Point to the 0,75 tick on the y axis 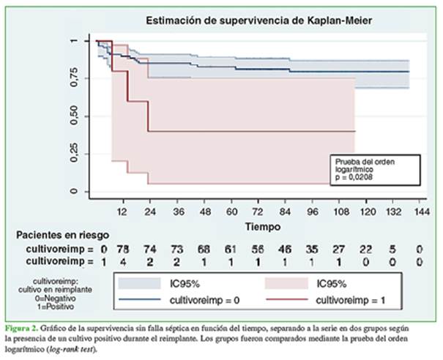coord(82,79)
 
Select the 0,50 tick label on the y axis coord(82,117)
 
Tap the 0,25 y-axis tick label coord(82,154)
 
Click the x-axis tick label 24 coord(150,209)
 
